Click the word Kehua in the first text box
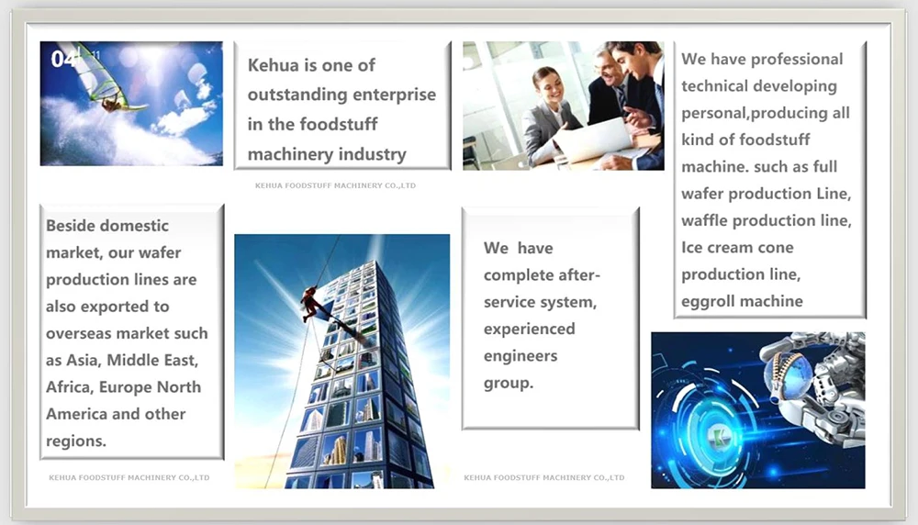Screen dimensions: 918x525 point(274,65)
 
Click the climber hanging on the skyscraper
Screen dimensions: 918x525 point(311,304)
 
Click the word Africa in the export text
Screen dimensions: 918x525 point(68,387)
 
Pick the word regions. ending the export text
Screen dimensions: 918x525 point(76,441)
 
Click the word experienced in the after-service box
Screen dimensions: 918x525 point(530,329)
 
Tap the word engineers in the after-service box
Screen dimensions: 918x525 point(521,356)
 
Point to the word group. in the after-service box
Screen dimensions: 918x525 point(509,384)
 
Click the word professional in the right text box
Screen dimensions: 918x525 point(797,59)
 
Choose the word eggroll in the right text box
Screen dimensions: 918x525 point(707,301)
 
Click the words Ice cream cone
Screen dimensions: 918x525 point(737,248)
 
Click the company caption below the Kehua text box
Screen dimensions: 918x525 point(335,185)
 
